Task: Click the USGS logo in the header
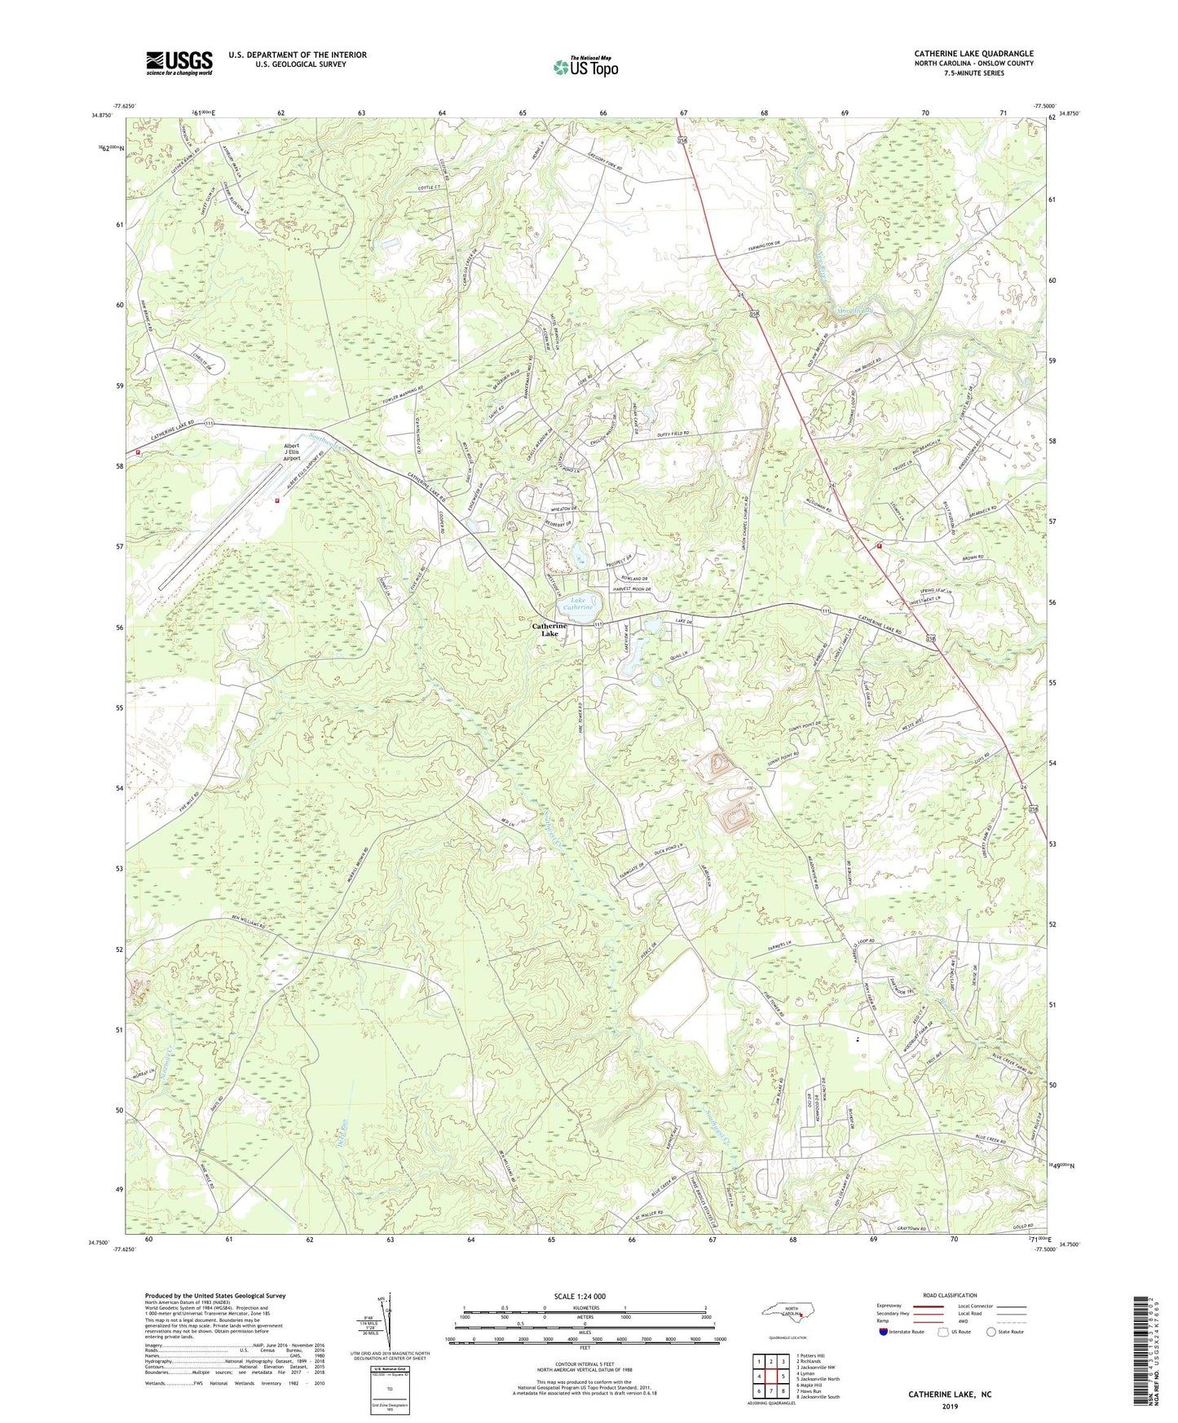click(x=179, y=63)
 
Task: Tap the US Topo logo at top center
click(x=585, y=67)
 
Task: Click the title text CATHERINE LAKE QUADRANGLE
click(x=973, y=54)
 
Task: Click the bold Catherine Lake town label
click(x=549, y=630)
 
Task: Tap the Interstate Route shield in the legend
click(x=884, y=1332)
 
